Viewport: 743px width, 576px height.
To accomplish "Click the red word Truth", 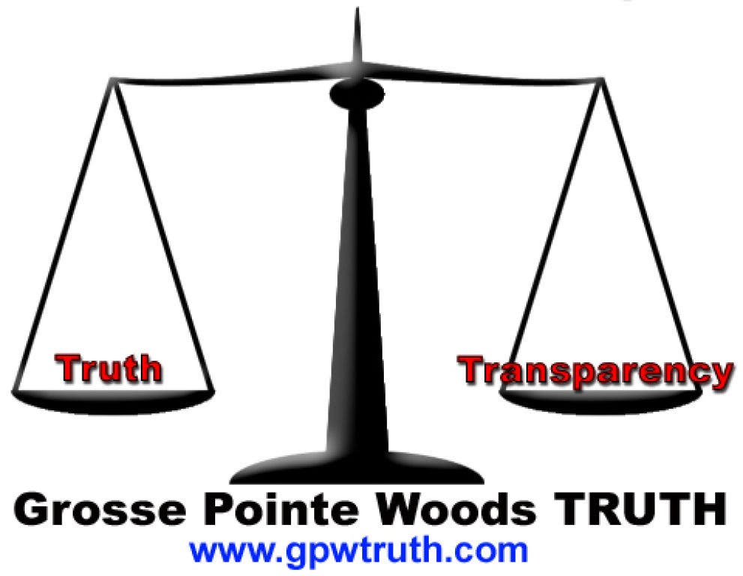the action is [108, 367].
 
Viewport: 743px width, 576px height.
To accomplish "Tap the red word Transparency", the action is [595, 372].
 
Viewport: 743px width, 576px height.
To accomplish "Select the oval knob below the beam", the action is [357, 94].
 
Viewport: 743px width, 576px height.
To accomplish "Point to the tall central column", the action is [357, 280].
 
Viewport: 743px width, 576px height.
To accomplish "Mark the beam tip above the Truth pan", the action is [112, 79].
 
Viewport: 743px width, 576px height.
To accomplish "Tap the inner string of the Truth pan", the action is [163, 235].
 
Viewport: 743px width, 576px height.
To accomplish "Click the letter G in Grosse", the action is [29, 508].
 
